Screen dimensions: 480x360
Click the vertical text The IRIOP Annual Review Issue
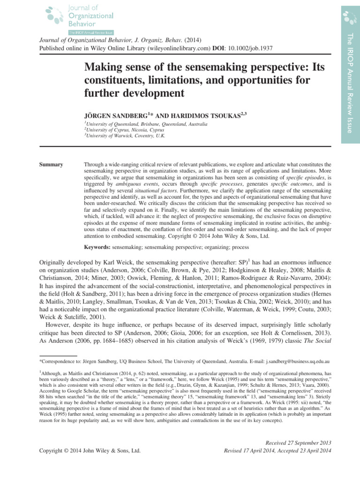[349, 83]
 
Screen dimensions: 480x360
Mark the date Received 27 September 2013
[298, 443]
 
